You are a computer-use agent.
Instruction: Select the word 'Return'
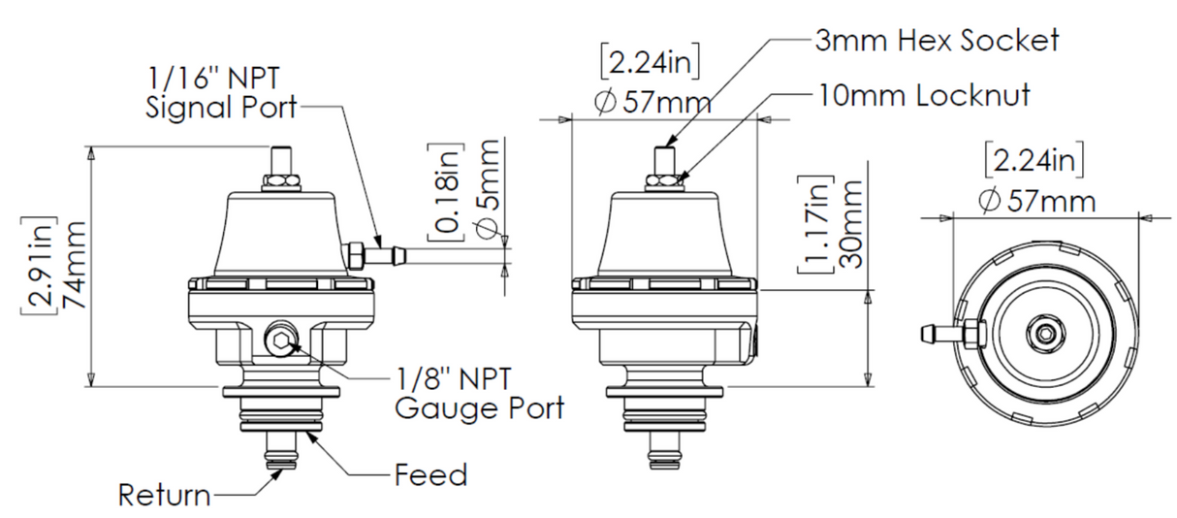pos(164,496)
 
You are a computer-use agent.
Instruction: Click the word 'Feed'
pos(430,475)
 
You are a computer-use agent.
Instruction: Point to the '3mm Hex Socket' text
pos(936,40)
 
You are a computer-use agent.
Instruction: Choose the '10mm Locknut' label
pos(921,95)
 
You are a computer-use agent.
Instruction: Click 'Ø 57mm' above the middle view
pos(652,102)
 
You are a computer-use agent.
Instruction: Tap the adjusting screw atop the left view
pos(281,159)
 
